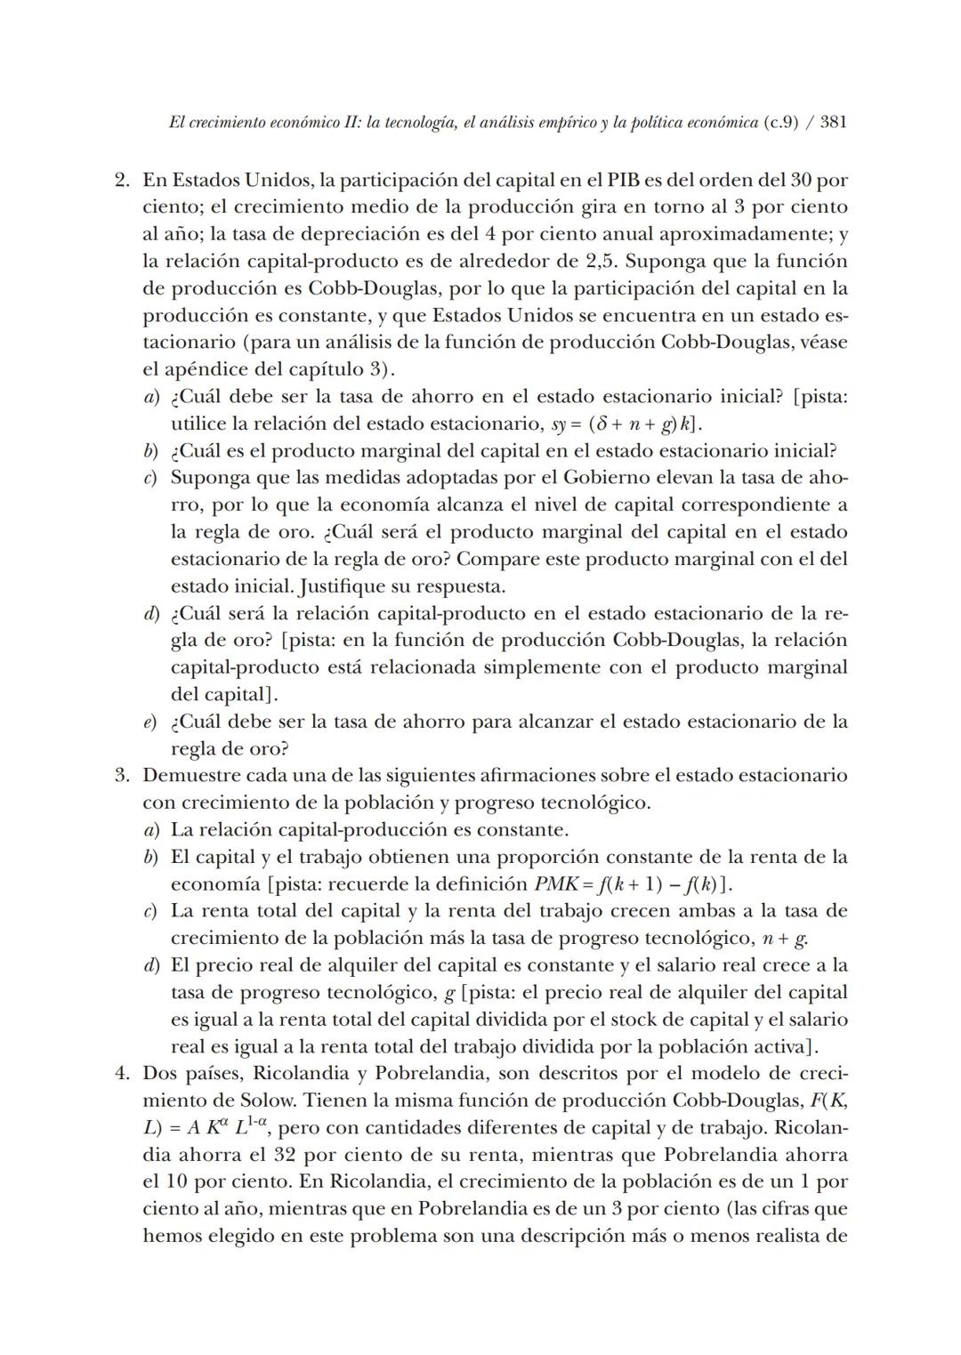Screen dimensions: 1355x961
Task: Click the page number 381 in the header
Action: pos(832,123)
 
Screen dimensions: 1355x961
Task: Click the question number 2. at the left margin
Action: pos(124,181)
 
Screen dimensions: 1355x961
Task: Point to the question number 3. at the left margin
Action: pos(124,776)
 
